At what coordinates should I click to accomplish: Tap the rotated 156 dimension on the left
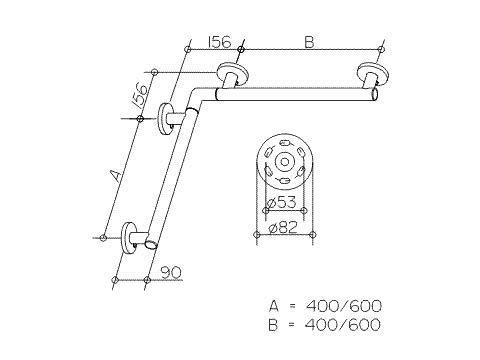click(x=142, y=96)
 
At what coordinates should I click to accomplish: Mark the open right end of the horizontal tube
click(x=373, y=96)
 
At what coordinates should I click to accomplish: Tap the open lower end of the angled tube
click(x=150, y=245)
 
